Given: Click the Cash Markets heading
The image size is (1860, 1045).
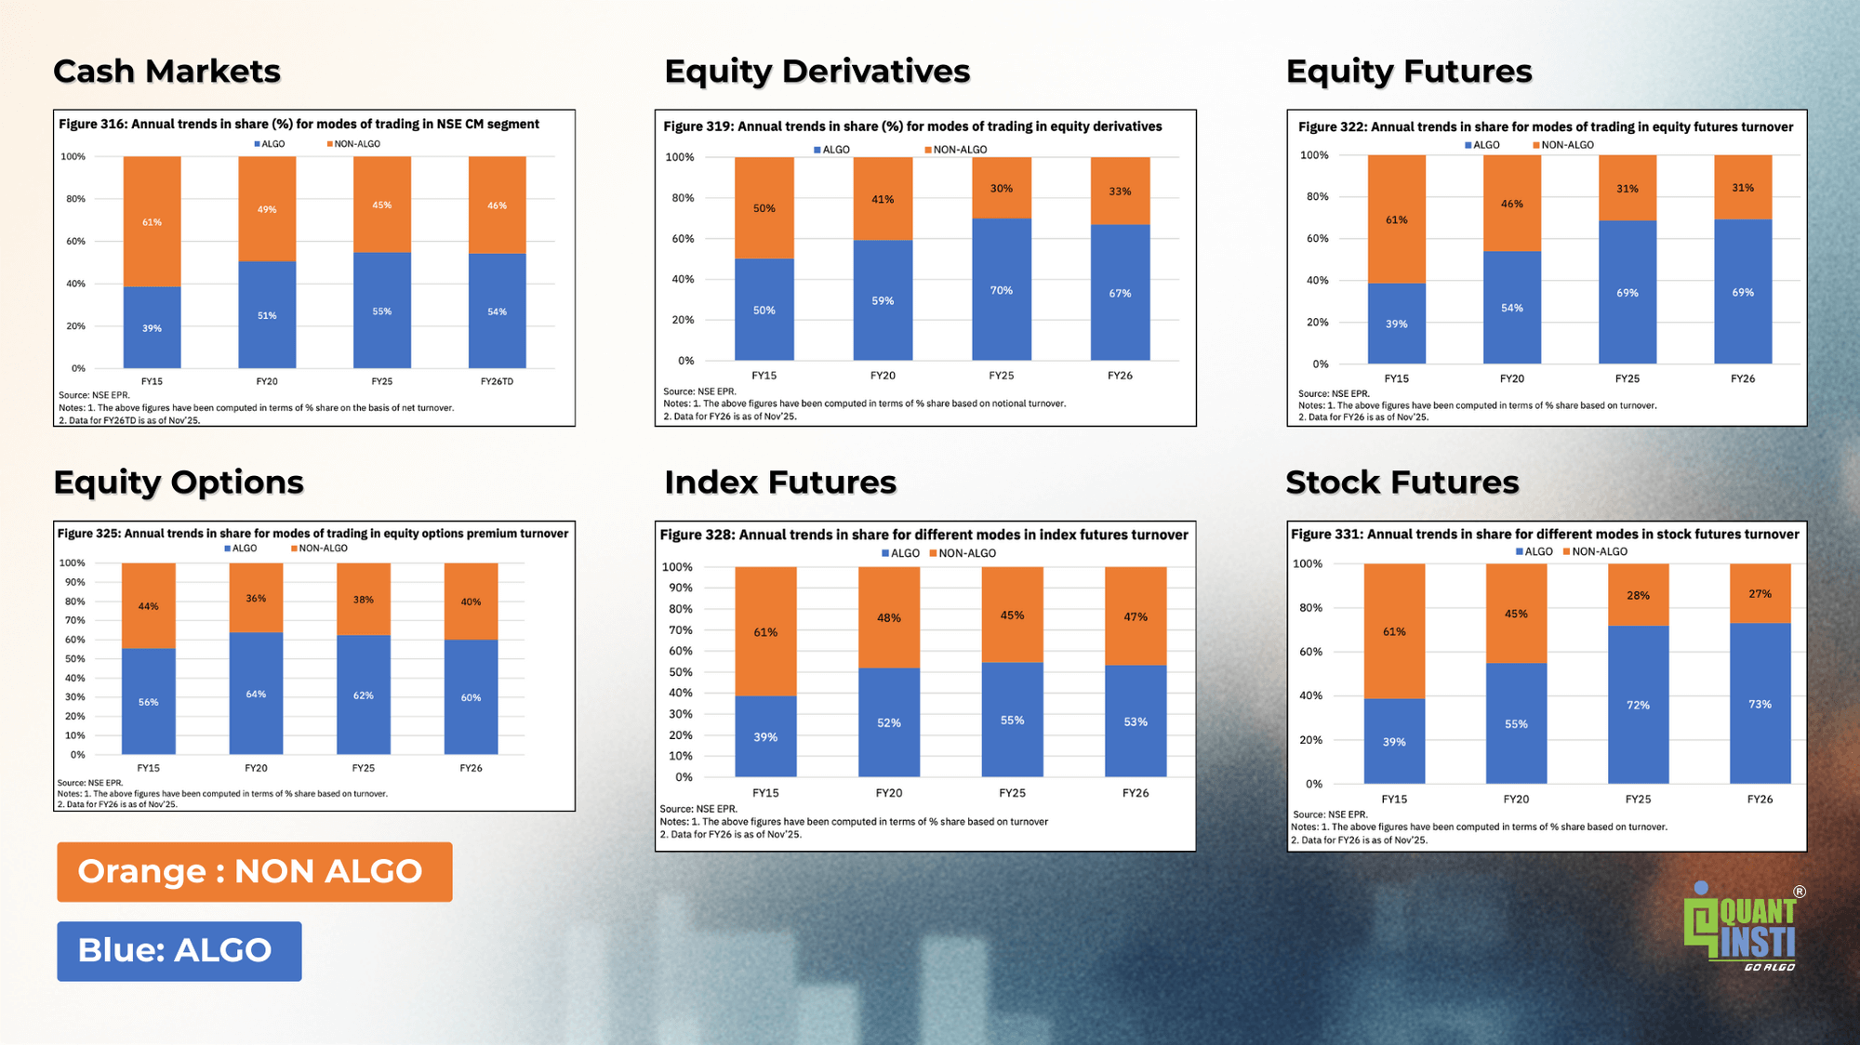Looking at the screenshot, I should (166, 72).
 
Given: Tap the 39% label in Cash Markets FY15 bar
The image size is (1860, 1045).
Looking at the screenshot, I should (152, 328).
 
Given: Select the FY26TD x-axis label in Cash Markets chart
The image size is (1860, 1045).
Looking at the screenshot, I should (497, 381).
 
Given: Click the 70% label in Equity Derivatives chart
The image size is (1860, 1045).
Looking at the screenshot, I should (1001, 291).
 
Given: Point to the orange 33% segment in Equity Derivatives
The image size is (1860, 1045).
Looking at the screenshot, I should (1120, 192).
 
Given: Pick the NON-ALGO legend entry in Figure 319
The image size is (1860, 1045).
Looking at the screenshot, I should (955, 150).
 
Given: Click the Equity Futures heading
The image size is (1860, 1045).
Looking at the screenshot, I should (1408, 72).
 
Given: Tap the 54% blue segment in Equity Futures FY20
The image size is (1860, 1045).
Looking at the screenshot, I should (1511, 308).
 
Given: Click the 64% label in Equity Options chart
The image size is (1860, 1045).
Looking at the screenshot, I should (256, 694).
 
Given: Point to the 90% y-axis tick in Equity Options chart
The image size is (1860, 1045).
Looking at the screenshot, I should (74, 582).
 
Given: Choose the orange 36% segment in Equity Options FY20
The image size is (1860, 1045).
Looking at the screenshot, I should (256, 599).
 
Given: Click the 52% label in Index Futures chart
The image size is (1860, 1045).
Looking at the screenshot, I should (888, 723).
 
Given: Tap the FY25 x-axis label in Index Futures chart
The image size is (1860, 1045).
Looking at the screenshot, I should (1012, 793).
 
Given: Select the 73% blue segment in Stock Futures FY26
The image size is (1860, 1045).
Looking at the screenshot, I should (1760, 705).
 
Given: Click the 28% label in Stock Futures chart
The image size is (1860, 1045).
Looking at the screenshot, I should (1638, 596).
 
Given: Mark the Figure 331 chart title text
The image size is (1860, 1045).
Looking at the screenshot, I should (1545, 535).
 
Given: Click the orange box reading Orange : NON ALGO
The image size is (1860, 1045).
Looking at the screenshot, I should (254, 872).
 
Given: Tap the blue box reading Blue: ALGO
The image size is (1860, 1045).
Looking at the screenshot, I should (179, 951).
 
